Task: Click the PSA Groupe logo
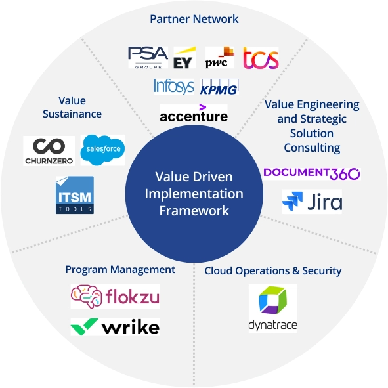[148, 58]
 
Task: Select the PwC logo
[219, 58]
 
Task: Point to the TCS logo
[261, 58]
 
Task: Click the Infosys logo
[174, 86]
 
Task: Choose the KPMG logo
[219, 87]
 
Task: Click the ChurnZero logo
[49, 150]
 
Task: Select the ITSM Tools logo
[75, 195]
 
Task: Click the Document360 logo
[311, 173]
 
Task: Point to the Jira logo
[312, 202]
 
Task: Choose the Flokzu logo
[115, 296]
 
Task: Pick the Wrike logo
[115, 326]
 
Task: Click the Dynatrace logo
[272, 308]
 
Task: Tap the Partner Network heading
[194, 19]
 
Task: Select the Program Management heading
[120, 269]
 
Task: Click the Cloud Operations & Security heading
[273, 270]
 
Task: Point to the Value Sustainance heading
[72, 107]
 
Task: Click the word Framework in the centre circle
[194, 211]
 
